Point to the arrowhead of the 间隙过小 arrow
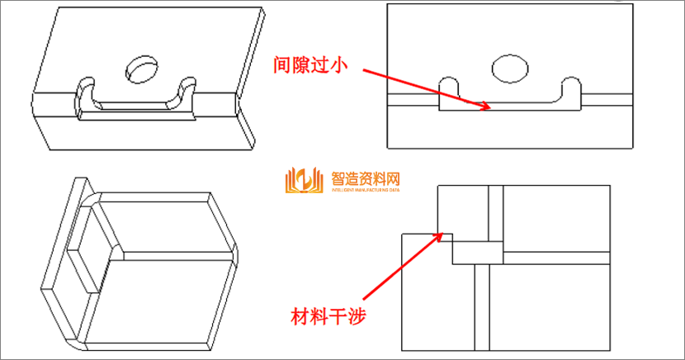coord(490,107)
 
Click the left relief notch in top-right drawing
coord(449,86)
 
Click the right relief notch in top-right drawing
coord(572,86)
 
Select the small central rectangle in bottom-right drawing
coord(476,252)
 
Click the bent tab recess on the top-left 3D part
coord(136,106)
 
